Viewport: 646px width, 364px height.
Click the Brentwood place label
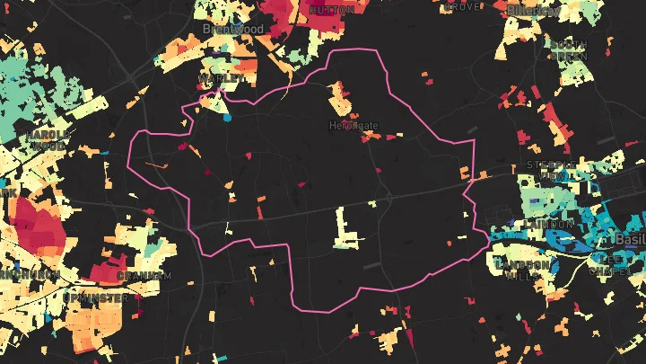tap(233, 29)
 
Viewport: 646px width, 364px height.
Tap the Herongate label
tap(354, 126)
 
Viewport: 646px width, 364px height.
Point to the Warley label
tap(222, 78)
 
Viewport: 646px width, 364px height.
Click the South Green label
tap(569, 49)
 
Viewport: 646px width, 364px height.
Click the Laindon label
tap(551, 223)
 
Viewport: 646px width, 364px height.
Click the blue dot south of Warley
tap(228, 117)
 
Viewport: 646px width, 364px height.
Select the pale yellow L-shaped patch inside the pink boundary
tap(345, 228)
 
